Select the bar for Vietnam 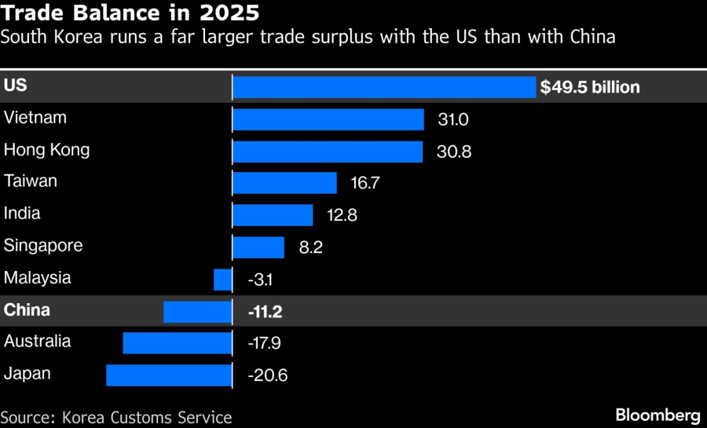click(328, 119)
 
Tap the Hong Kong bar click(328, 151)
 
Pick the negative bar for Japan click(169, 375)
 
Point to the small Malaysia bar click(223, 279)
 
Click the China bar click(198, 311)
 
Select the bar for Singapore click(258, 247)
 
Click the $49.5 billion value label click(590, 87)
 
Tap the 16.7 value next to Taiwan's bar click(364, 184)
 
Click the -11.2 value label click(265, 312)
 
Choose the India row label click(22, 213)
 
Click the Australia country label click(37, 341)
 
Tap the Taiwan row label click(31, 181)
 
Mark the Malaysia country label click(37, 277)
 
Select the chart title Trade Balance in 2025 click(130, 13)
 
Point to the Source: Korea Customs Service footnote click(116, 417)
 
